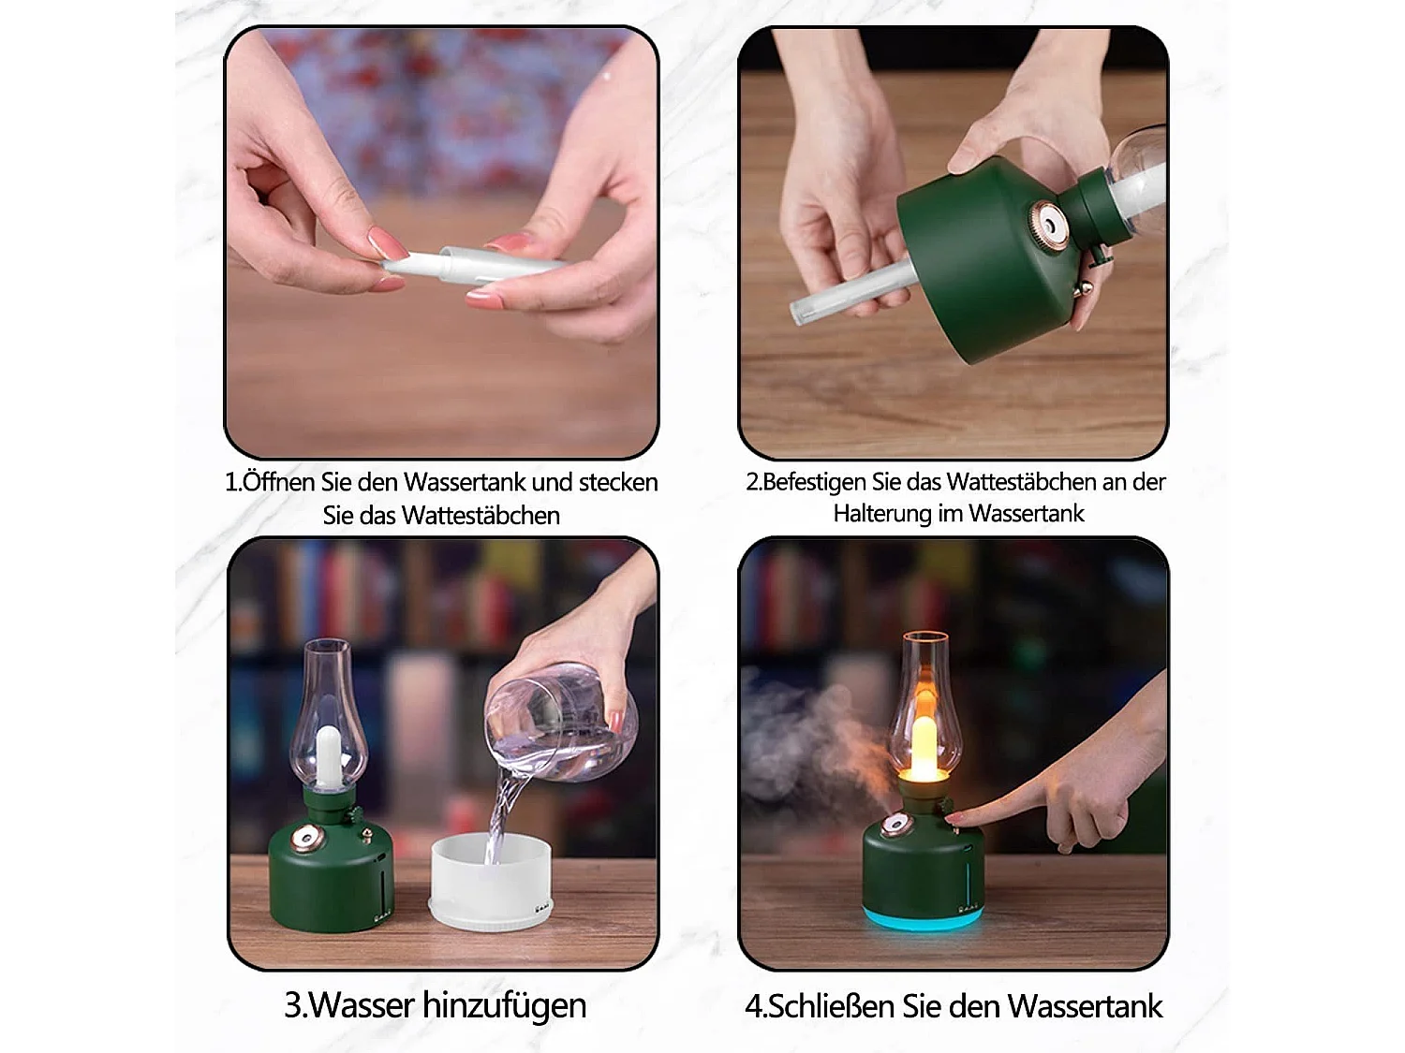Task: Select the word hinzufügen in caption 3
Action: tap(505, 1005)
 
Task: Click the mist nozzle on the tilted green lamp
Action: tap(1046, 222)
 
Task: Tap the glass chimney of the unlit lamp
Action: tap(327, 711)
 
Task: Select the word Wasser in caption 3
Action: tap(362, 1005)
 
